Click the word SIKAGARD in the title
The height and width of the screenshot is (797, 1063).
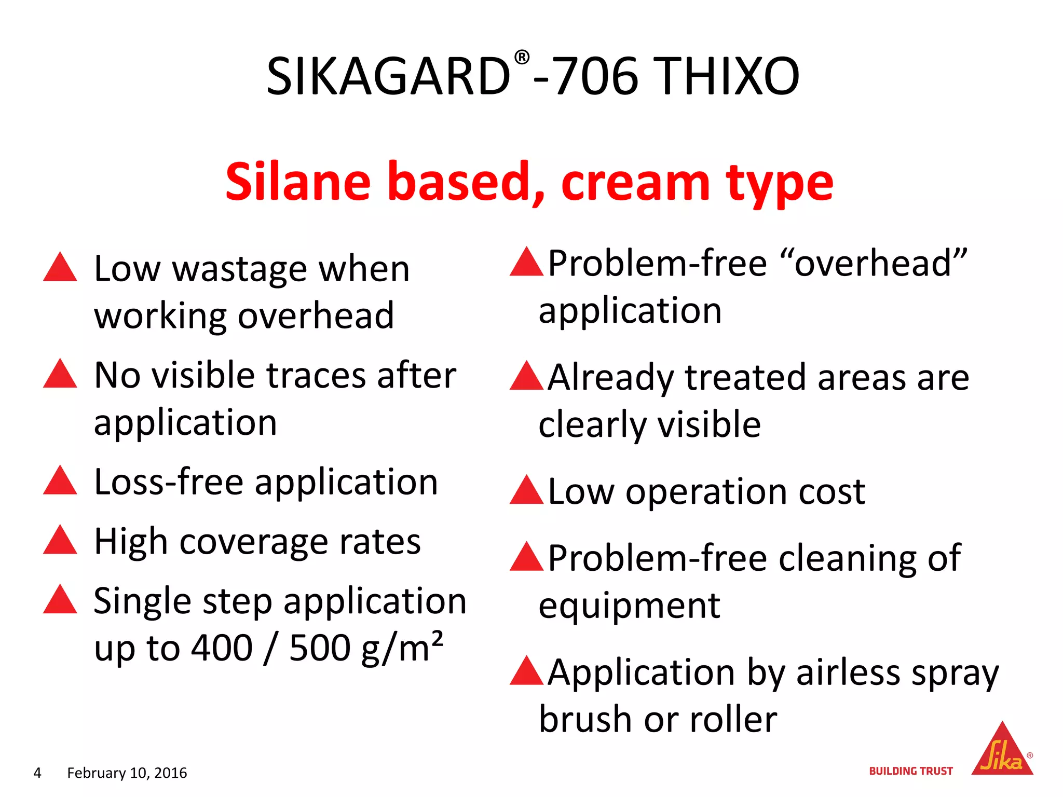pyautogui.click(x=388, y=77)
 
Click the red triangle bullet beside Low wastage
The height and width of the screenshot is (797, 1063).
pyautogui.click(x=60, y=268)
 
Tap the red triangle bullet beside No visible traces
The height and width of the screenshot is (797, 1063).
pyautogui.click(x=60, y=374)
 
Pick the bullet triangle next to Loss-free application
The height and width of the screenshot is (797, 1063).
pyautogui.click(x=60, y=480)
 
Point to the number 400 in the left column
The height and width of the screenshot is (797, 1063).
pyautogui.click(x=222, y=648)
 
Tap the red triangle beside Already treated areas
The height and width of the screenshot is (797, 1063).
pyautogui.click(x=526, y=377)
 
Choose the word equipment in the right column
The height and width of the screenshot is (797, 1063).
pyautogui.click(x=629, y=606)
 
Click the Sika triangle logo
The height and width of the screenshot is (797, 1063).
pyautogui.click(x=1002, y=751)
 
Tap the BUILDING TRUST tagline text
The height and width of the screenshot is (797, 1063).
pyautogui.click(x=911, y=771)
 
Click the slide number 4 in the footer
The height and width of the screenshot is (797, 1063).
pyautogui.click(x=37, y=773)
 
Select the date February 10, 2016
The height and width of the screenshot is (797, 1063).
pyautogui.click(x=127, y=773)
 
